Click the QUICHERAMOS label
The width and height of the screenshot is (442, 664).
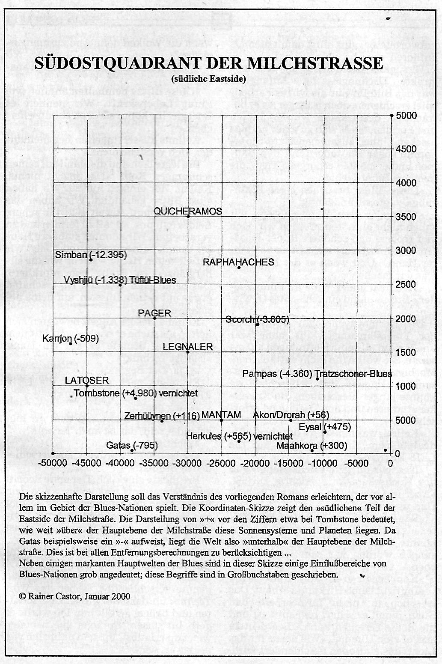tap(187, 211)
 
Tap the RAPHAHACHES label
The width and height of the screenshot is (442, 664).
tap(238, 262)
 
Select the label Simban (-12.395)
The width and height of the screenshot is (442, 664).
tap(91, 254)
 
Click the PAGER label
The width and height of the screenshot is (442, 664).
tap(154, 313)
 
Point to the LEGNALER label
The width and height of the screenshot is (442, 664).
tap(188, 346)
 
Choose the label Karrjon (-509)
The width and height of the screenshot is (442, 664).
tap(71, 339)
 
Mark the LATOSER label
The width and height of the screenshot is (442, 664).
tap(87, 380)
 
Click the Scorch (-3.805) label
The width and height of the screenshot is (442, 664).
tap(257, 319)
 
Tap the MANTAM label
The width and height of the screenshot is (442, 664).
tap(221, 414)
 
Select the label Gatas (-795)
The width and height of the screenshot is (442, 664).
tap(132, 445)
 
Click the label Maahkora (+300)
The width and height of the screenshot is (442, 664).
tap(312, 445)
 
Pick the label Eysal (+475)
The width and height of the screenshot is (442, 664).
tap(325, 426)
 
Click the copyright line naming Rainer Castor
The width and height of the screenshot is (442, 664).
tap(75, 596)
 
